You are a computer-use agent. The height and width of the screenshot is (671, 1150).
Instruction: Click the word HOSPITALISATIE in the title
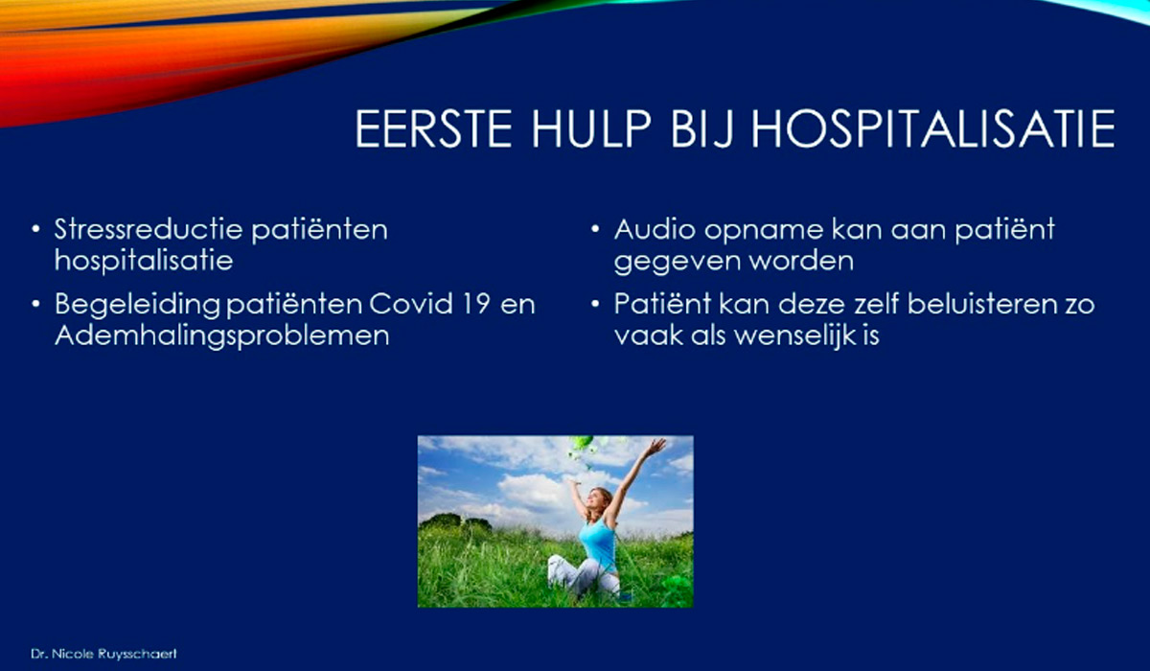pos(932,128)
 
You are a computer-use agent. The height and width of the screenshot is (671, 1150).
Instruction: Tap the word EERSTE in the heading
pos(434,128)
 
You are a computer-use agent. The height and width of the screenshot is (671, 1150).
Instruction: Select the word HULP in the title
pos(591,128)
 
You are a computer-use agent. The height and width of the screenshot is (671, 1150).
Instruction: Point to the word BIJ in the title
pos(701,129)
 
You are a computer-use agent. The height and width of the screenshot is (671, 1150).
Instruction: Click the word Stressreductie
pos(148,229)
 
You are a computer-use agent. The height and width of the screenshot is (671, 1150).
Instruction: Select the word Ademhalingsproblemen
pos(221,336)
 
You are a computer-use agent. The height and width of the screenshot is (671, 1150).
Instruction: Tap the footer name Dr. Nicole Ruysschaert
pos(103,654)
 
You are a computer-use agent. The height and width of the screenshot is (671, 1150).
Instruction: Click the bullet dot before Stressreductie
pos(35,229)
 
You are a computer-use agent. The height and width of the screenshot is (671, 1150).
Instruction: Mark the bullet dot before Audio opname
pos(595,229)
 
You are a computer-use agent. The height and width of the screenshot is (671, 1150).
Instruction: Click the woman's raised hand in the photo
pos(656,446)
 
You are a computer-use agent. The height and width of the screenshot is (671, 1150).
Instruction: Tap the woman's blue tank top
pos(598,543)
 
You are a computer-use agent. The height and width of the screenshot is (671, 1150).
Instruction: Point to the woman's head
pos(599,499)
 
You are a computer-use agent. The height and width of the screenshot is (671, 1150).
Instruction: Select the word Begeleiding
pos(138,306)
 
